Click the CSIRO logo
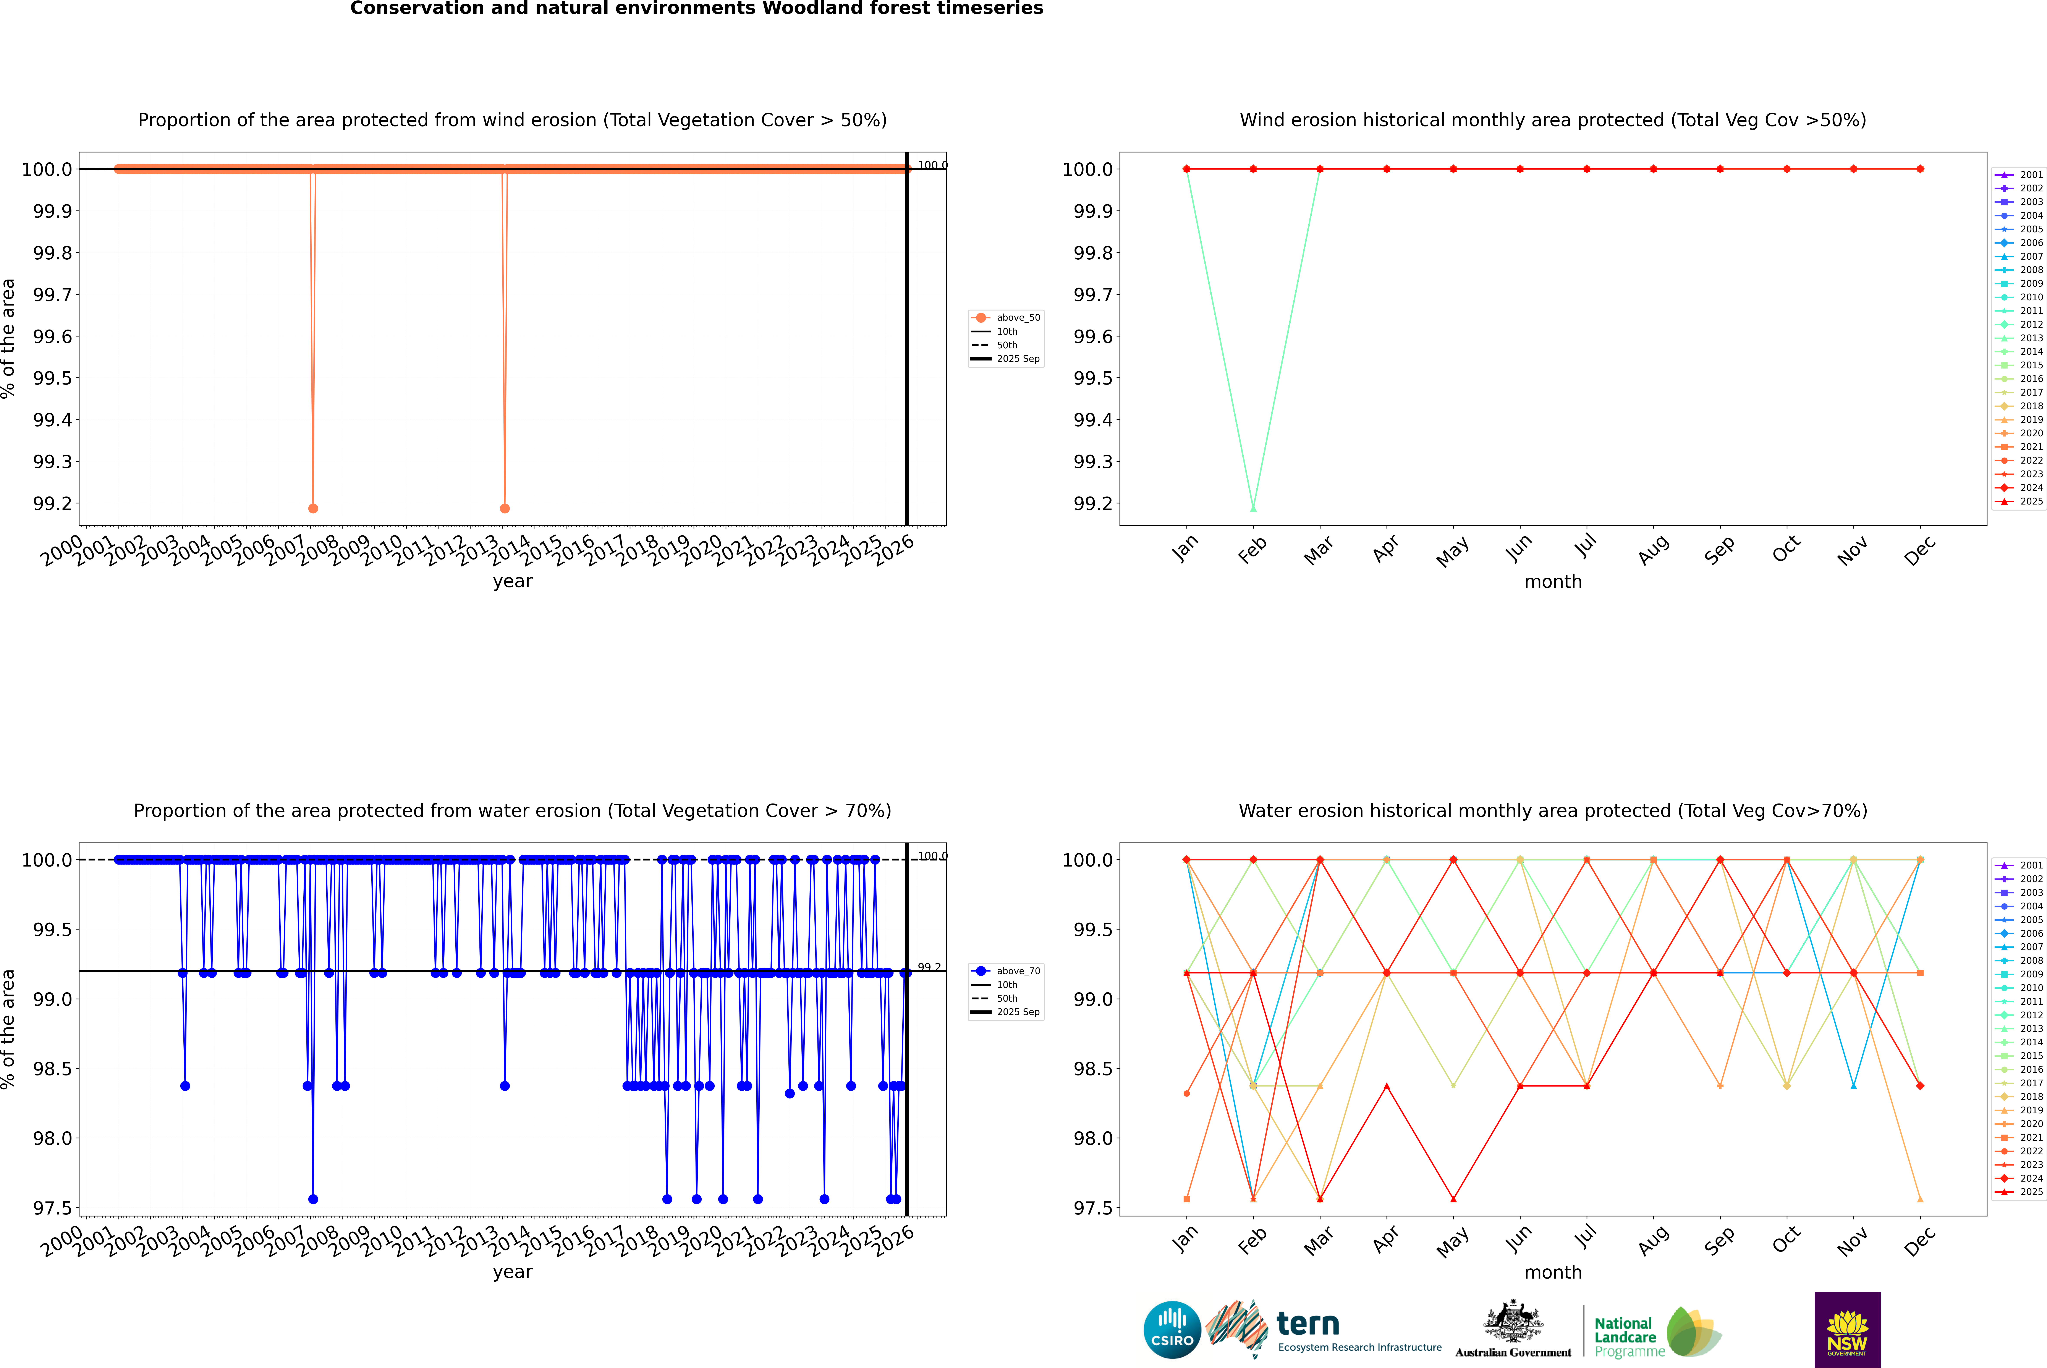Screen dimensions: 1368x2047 click(x=1172, y=1330)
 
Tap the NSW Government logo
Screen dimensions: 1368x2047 click(x=1847, y=1330)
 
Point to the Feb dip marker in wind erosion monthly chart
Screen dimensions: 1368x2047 click(x=1253, y=508)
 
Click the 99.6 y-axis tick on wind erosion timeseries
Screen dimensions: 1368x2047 click(x=52, y=337)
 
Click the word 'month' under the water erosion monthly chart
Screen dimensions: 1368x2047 click(x=1552, y=1272)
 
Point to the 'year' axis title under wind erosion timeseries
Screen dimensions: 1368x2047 click(x=512, y=581)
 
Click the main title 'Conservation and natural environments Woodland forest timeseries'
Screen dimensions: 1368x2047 click(x=696, y=9)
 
